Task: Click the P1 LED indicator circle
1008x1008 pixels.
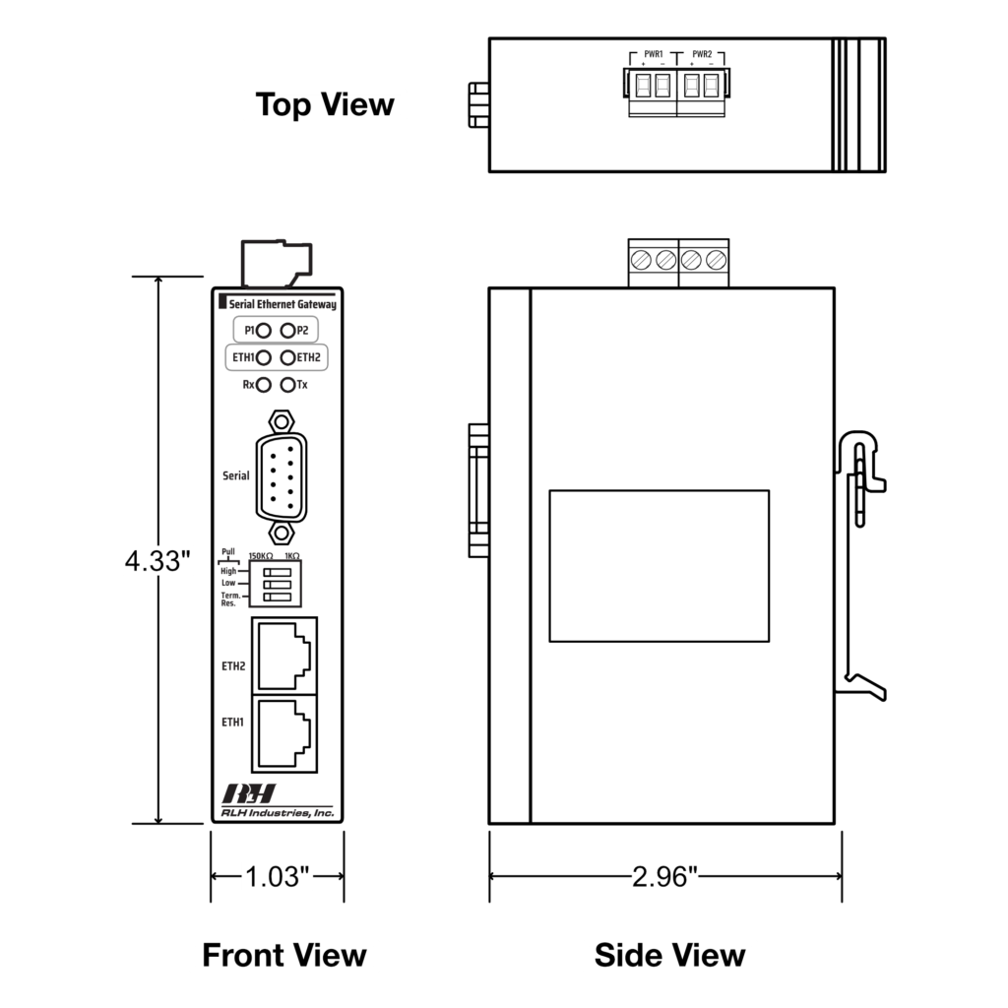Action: pyautogui.click(x=264, y=331)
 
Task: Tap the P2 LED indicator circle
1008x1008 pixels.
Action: pyautogui.click(x=287, y=331)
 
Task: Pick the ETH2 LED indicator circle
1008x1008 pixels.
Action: pyautogui.click(x=287, y=357)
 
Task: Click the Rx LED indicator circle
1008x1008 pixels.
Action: pyautogui.click(x=264, y=385)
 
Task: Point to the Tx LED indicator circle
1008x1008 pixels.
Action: pyautogui.click(x=287, y=385)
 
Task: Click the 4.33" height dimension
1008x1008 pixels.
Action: pyautogui.click(x=157, y=561)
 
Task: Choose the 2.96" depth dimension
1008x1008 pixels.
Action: pyautogui.click(x=664, y=876)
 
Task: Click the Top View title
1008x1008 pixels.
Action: pyautogui.click(x=325, y=104)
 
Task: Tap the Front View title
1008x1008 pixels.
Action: pyautogui.click(x=283, y=955)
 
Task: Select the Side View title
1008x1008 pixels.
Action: pyautogui.click(x=669, y=955)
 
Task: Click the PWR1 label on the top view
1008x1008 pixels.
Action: pyautogui.click(x=653, y=53)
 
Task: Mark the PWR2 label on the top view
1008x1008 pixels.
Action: pyautogui.click(x=702, y=53)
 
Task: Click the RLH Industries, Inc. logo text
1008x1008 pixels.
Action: pyautogui.click(x=277, y=813)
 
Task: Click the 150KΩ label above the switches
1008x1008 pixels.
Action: pyautogui.click(x=261, y=556)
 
